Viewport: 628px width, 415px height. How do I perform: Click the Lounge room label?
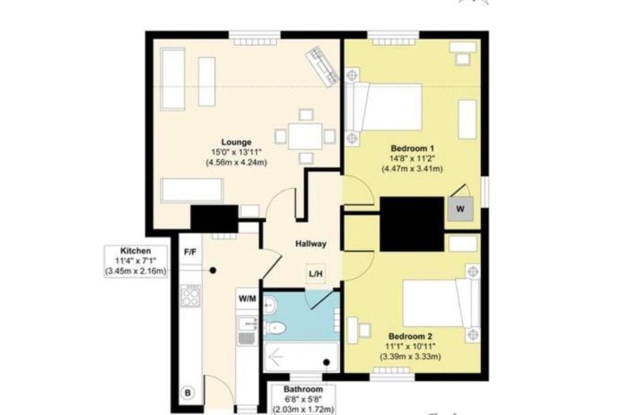coord(236,142)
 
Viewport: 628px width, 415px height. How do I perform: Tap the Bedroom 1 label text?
coord(412,148)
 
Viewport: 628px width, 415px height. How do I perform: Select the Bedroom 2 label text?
coord(410,336)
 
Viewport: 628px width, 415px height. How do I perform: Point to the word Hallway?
coord(311,244)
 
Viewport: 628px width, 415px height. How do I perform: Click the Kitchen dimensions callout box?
coord(135,261)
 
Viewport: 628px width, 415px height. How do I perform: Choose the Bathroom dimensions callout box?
coord(303,400)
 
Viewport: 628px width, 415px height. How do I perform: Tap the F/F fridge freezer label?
coord(190,252)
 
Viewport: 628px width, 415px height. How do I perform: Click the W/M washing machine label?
coord(247,298)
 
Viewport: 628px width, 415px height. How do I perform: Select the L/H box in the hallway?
coord(315,274)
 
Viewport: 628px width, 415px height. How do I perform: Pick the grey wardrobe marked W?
coord(460,209)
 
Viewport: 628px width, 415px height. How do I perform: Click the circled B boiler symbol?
coord(187,393)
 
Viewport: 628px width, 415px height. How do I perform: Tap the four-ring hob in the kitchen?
coord(190,296)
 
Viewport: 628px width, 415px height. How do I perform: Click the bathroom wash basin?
coord(270,306)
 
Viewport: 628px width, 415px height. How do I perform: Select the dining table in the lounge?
coord(305,137)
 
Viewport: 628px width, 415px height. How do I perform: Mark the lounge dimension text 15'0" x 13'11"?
coord(236,152)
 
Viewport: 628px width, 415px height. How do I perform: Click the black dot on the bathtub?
coord(327,362)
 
